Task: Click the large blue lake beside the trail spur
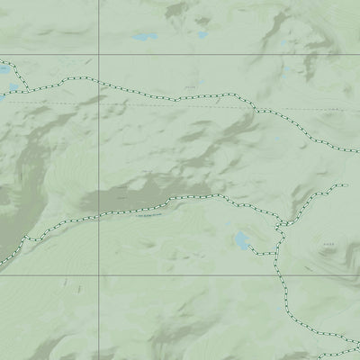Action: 241,239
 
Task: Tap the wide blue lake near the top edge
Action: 143,38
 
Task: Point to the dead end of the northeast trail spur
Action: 345,185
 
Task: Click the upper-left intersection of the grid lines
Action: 97,54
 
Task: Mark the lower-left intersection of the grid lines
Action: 97,275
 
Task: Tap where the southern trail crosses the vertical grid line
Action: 97,216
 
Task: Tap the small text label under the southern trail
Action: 148,216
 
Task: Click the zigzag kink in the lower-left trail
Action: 27,240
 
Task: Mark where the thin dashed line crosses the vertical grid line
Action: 97,103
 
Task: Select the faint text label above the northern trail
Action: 189,86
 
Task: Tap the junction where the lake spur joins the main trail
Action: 275,253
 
